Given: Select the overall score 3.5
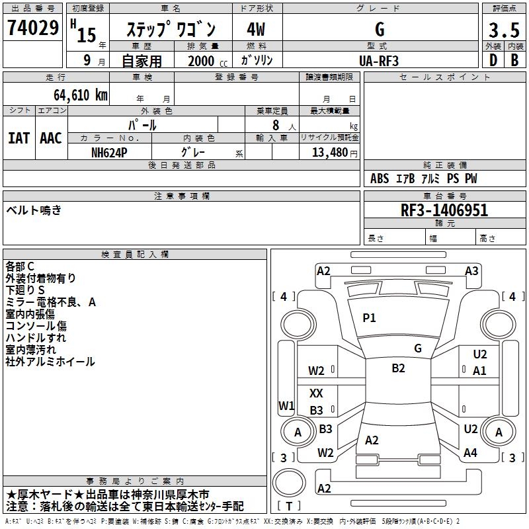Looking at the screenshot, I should pos(503,30).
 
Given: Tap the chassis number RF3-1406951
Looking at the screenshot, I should pos(444,210).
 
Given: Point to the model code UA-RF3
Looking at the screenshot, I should pos(380,60).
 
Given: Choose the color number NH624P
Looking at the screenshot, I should pos(110,152).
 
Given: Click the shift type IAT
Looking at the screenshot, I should pos(19,138).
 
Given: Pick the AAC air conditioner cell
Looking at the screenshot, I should pos(51,138).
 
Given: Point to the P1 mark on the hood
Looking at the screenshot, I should pos(369,318).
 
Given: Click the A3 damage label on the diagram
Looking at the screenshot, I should pos(471,270).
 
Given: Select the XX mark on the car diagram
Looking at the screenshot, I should pos(316,393).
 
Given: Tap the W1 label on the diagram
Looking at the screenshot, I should pos(286,405).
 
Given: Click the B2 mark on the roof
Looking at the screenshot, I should pos(398,368).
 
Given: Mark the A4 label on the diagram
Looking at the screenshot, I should pos(470,453).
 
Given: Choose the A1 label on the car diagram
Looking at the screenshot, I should pos(479,371).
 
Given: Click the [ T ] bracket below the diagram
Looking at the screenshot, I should pos(289,507).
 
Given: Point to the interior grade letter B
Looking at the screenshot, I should pos(514,60).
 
